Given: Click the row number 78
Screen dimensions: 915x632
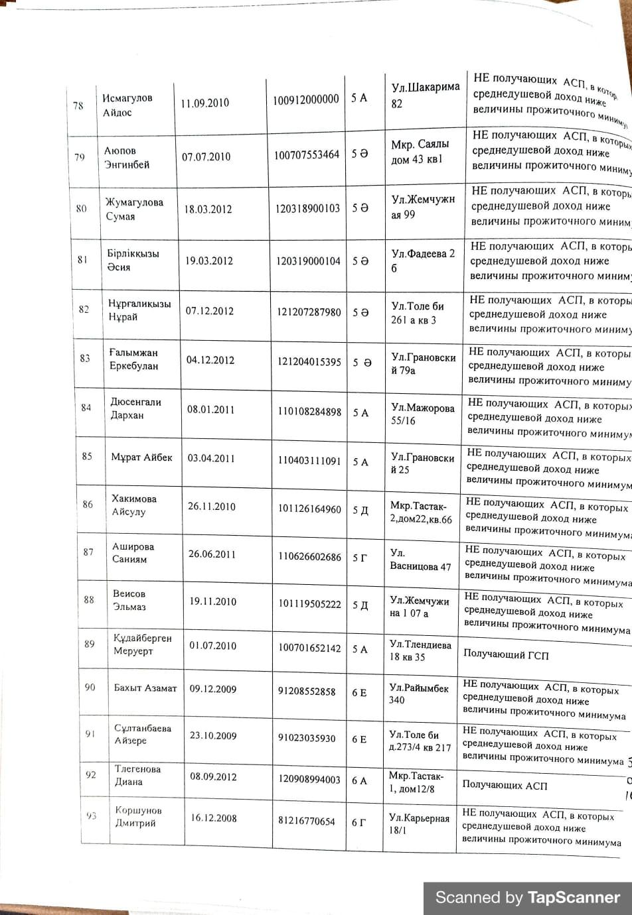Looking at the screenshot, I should (x=78, y=105).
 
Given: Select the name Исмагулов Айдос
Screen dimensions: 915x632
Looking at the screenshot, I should (x=127, y=105).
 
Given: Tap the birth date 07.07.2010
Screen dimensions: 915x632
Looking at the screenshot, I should (x=206, y=156).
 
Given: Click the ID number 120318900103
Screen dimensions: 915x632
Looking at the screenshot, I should (x=308, y=208).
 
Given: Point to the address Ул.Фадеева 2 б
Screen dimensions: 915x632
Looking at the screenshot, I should (x=423, y=261).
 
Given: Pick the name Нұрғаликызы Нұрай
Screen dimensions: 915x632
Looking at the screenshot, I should (x=139, y=310).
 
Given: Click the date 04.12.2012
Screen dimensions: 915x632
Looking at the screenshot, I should (x=210, y=360).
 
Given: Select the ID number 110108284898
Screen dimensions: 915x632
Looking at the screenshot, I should (x=309, y=411).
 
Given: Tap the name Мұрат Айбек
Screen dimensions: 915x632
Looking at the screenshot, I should (x=141, y=457).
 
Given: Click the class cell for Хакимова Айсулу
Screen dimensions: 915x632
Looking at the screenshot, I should (x=360, y=510).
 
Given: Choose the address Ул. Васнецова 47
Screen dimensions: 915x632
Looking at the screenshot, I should (x=420, y=560).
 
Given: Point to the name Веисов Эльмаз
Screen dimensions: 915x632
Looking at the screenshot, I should (x=129, y=600).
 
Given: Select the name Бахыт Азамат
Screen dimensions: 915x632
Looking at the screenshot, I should (x=145, y=688).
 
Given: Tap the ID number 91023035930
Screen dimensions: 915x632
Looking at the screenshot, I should (x=307, y=738).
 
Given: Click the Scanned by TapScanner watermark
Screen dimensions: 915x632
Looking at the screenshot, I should (x=527, y=898).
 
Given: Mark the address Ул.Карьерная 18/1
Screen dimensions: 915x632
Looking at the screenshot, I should (x=419, y=823).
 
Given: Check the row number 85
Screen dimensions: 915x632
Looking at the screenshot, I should (x=87, y=456).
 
